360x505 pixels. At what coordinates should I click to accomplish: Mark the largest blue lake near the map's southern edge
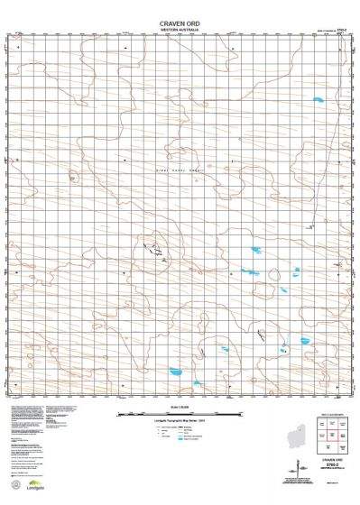pyautogui.click(x=173, y=370)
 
